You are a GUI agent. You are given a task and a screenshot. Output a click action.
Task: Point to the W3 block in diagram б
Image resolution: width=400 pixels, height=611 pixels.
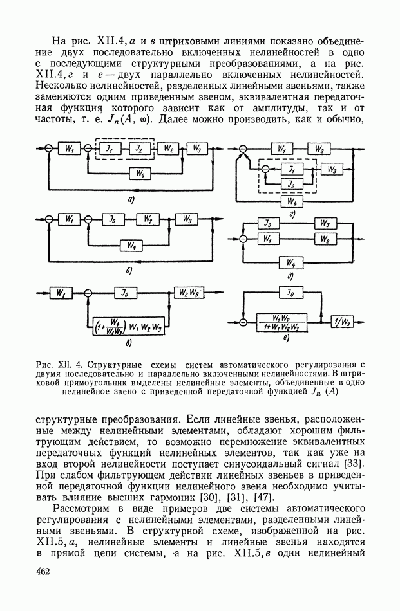187,220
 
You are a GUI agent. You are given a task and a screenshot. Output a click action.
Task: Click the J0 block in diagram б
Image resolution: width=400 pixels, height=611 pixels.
113,220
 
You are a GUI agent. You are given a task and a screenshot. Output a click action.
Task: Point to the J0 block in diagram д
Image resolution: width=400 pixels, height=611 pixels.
265,223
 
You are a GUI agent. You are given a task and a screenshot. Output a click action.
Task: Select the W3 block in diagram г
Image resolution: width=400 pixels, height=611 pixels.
330,170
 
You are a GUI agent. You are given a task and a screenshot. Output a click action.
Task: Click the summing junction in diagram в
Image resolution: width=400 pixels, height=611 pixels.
88,294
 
